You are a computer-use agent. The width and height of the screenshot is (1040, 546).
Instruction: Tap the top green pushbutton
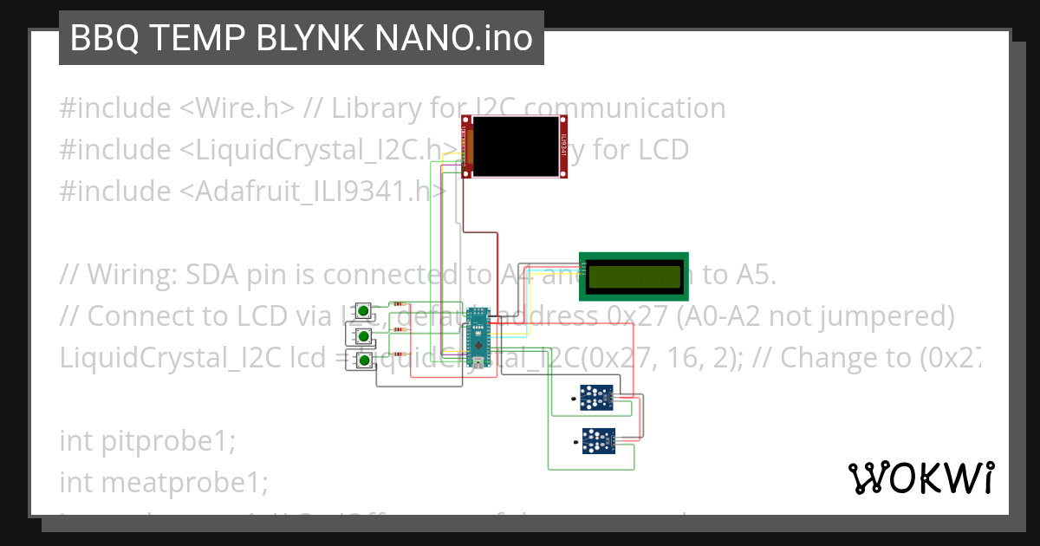click(x=365, y=310)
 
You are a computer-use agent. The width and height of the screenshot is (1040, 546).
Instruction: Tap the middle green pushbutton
click(x=365, y=335)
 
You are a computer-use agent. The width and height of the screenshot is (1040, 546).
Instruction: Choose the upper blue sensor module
click(x=595, y=399)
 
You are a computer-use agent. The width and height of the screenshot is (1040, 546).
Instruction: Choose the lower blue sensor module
click(x=595, y=440)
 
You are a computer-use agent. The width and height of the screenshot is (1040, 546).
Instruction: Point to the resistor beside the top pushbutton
click(x=399, y=304)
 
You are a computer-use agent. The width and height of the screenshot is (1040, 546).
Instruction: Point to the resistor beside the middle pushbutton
click(x=399, y=329)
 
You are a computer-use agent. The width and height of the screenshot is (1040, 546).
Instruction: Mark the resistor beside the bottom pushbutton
click(x=399, y=354)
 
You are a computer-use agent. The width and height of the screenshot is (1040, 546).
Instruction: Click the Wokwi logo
click(x=920, y=478)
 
